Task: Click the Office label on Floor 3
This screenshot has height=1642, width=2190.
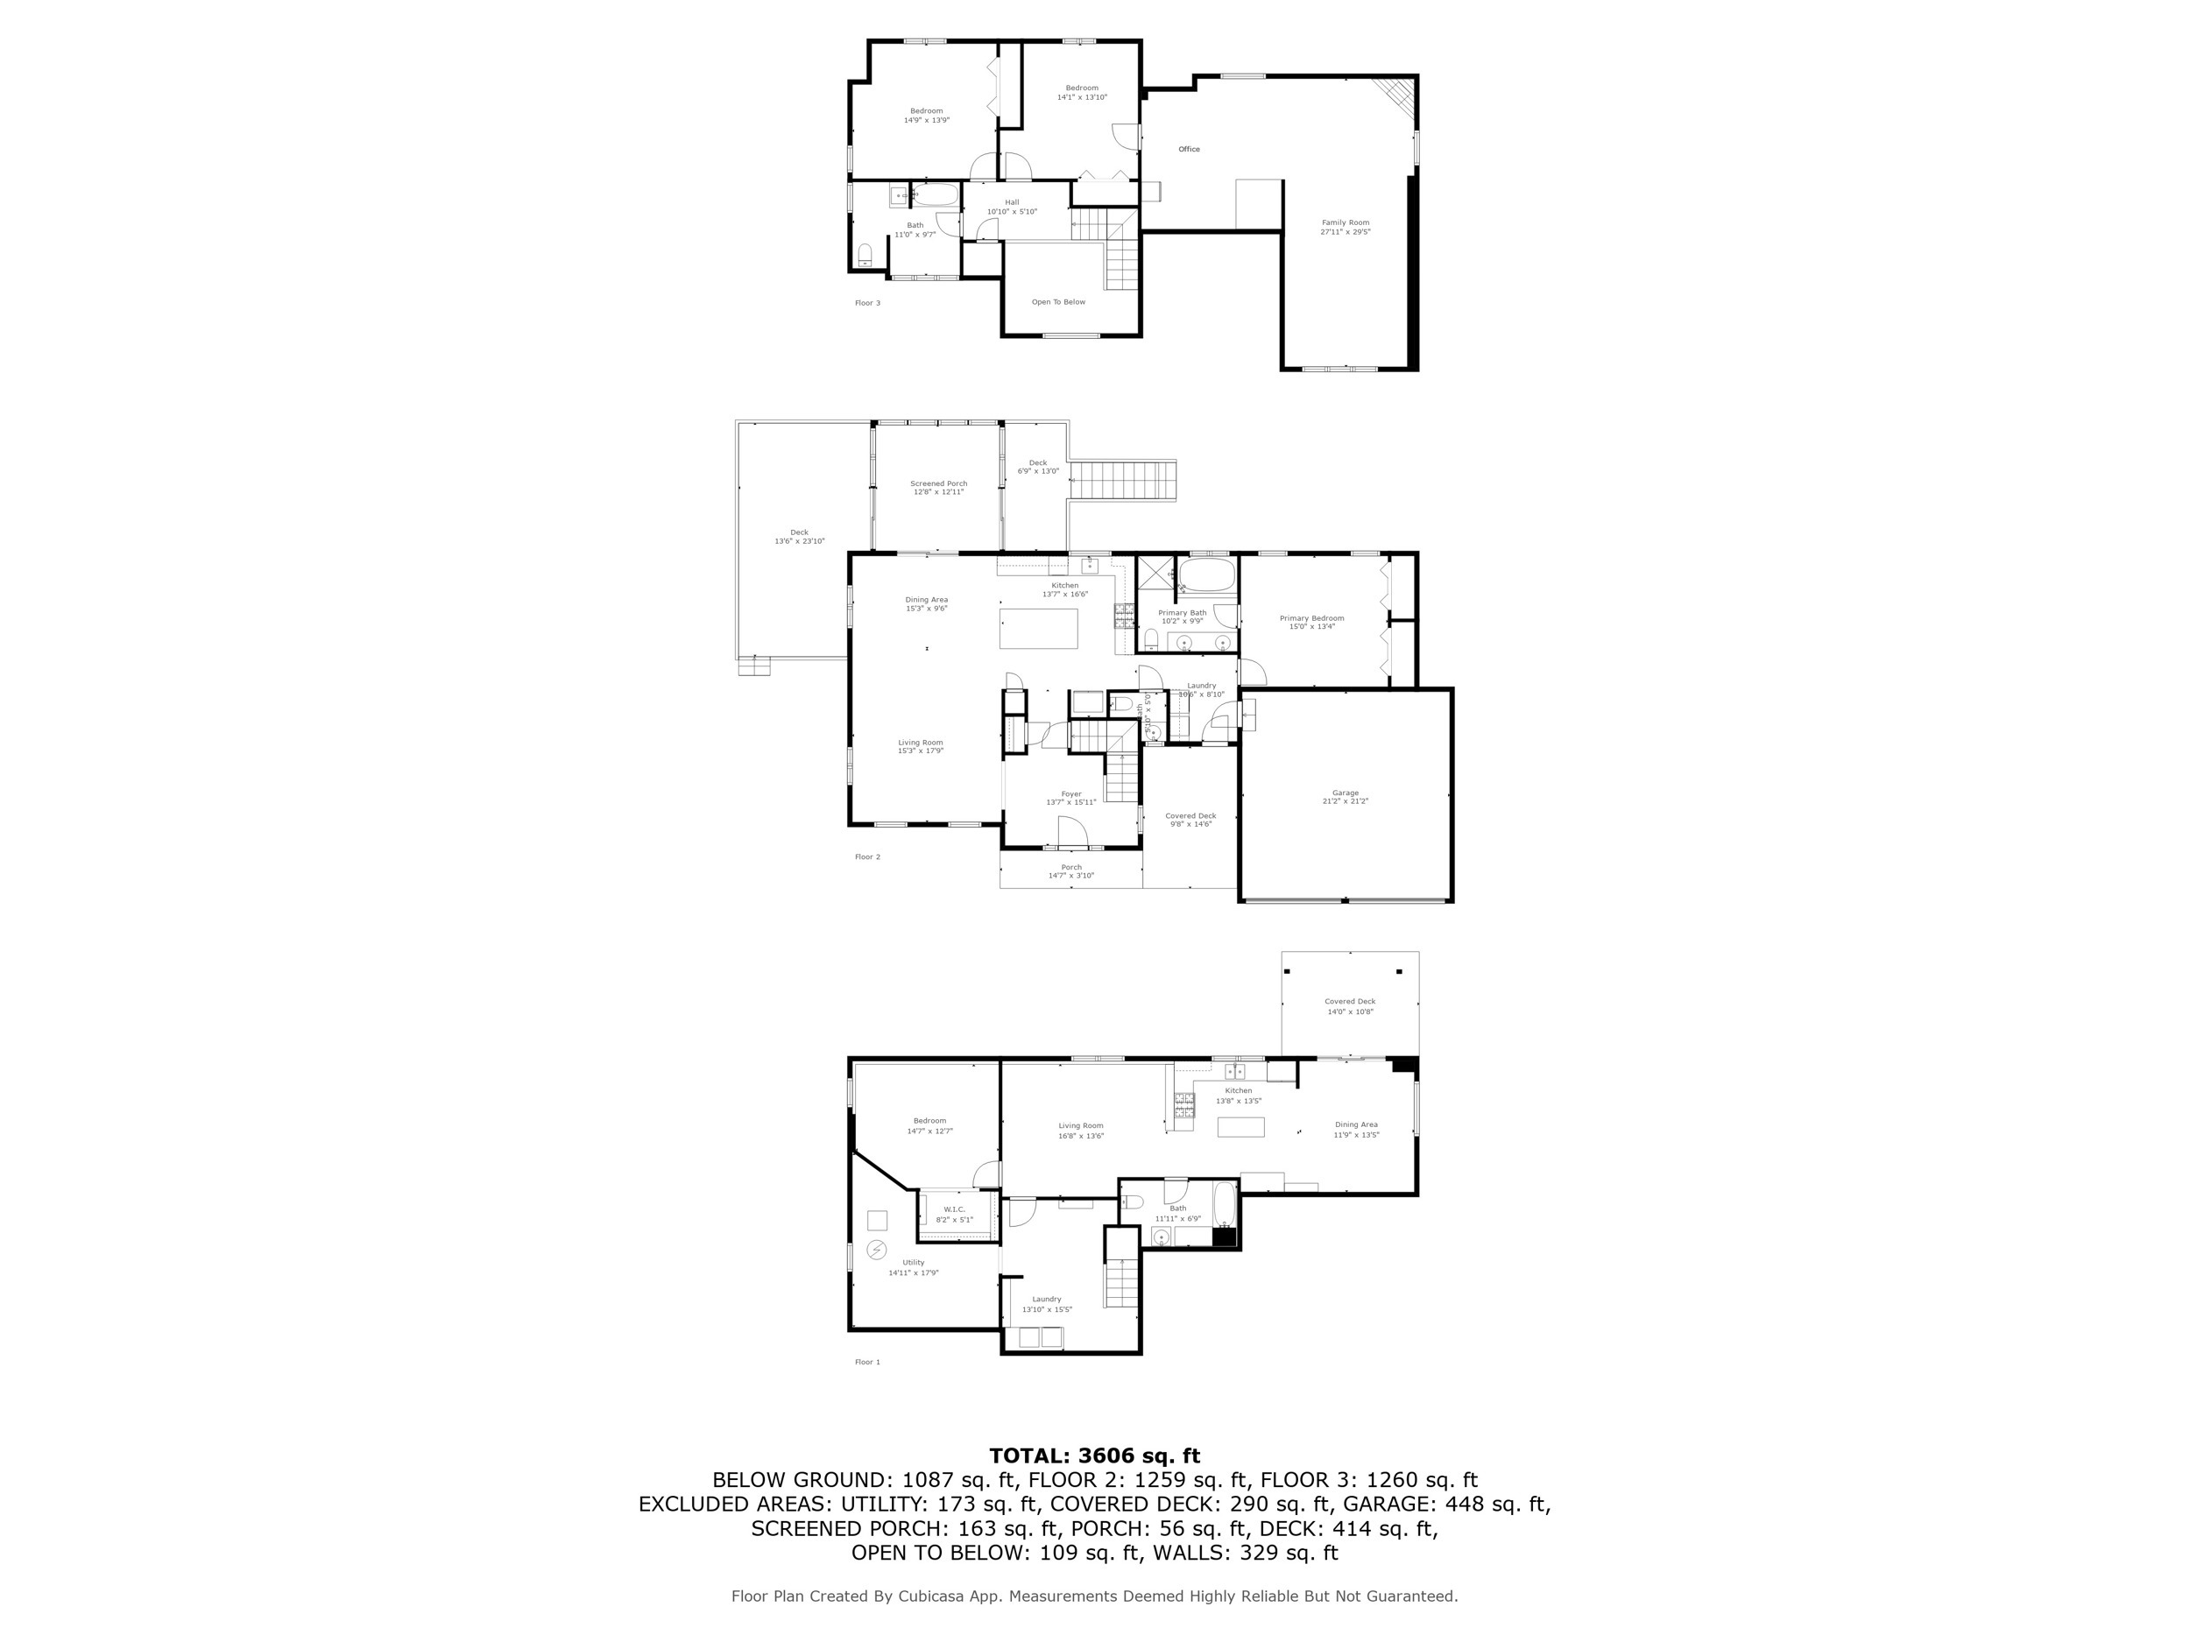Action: tap(1188, 150)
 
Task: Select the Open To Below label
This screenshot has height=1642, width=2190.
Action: tap(1058, 302)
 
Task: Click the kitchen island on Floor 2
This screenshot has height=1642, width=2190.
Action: tap(1037, 629)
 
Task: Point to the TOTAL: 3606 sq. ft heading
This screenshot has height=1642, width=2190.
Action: tap(1094, 1456)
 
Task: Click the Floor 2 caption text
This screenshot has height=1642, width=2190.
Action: tap(867, 857)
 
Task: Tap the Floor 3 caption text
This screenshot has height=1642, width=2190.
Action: tap(867, 303)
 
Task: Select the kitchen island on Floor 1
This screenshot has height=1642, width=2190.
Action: tap(1240, 1126)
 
